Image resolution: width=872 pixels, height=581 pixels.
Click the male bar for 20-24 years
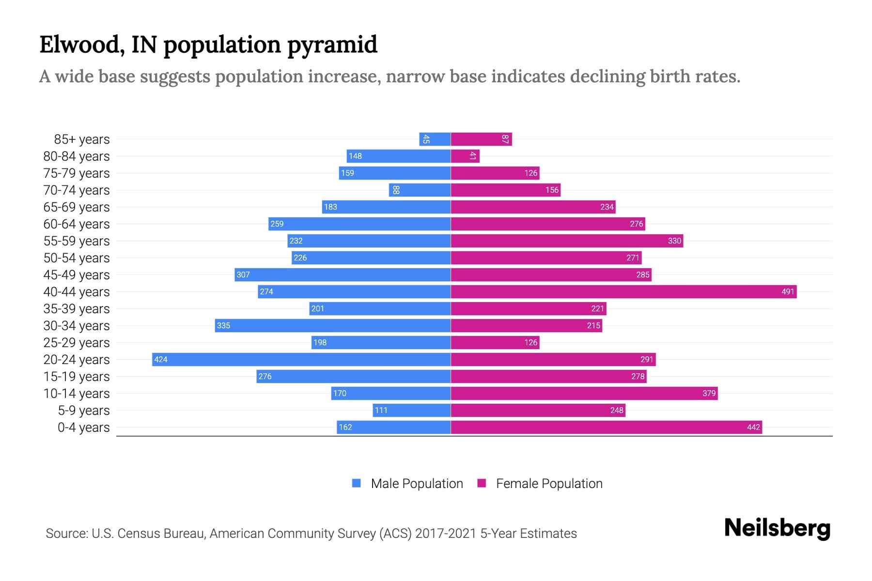pyautogui.click(x=301, y=359)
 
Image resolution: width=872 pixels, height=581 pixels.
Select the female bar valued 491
pyautogui.click(x=623, y=291)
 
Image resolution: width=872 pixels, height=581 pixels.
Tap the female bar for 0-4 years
pyautogui.click(x=606, y=427)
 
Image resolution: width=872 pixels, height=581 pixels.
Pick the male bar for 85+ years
pyautogui.click(x=435, y=139)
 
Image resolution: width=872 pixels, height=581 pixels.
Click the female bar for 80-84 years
pyautogui.click(x=465, y=156)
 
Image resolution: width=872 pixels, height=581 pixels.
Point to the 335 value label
pyautogui.click(x=223, y=325)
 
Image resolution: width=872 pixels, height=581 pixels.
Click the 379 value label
pyautogui.click(x=709, y=393)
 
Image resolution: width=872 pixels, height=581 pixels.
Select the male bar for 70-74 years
pyautogui.click(x=420, y=190)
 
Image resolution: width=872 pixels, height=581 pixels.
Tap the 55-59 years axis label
pyautogui.click(x=77, y=241)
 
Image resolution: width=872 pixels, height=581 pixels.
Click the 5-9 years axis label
pyautogui.click(x=83, y=411)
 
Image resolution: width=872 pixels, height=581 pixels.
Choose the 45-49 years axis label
pyautogui.click(x=77, y=275)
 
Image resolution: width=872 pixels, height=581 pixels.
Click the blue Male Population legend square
pyautogui.click(x=357, y=483)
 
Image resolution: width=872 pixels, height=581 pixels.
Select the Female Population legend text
pyautogui.click(x=549, y=483)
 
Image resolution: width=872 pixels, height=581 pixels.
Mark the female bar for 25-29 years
pyautogui.click(x=495, y=342)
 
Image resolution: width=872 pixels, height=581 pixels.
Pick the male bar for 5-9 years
pyautogui.click(x=412, y=410)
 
